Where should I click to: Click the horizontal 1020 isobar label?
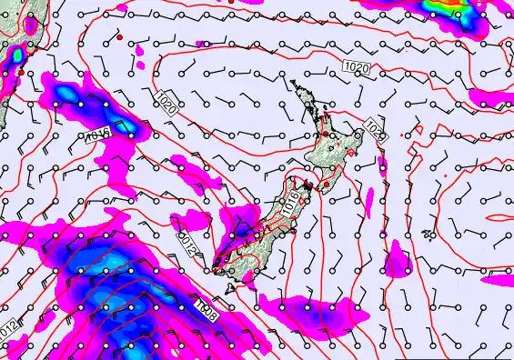(358, 67)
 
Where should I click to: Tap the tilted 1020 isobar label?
(166, 101)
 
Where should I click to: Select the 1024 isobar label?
(375, 130)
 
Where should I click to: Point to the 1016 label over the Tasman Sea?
(97, 136)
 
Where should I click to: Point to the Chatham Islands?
(428, 234)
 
